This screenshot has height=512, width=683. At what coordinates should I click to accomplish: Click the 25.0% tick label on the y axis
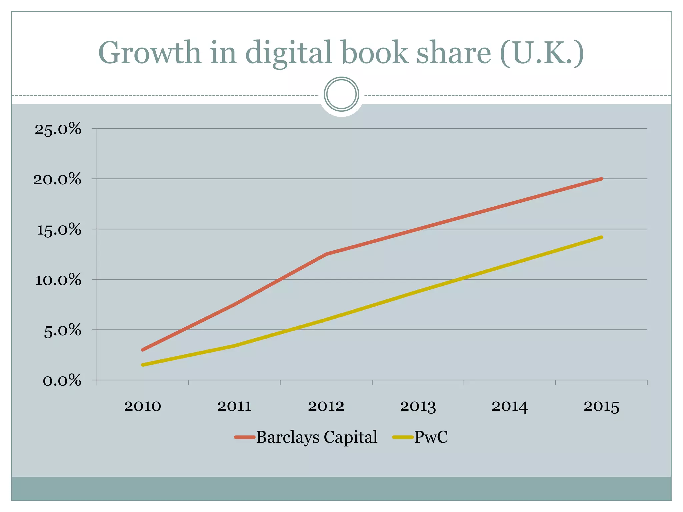58,129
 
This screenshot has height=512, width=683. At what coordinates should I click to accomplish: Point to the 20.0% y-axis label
57,179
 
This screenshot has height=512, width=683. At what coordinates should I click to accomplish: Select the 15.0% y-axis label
59,230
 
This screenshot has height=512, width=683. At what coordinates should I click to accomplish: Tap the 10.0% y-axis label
58,280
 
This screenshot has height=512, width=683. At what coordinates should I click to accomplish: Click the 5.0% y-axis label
62,331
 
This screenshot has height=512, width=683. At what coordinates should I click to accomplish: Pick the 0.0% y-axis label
62,381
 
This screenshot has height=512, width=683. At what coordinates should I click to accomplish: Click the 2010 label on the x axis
143,406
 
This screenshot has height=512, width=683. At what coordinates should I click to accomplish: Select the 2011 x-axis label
234,406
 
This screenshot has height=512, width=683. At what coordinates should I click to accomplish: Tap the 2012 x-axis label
326,406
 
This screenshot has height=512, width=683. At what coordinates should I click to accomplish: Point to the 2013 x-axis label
418,406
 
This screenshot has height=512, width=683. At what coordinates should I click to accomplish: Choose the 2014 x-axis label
510,406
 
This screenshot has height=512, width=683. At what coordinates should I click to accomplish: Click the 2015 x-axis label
601,406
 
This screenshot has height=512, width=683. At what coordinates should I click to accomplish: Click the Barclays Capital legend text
316,437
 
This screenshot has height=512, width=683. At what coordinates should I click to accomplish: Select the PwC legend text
431,437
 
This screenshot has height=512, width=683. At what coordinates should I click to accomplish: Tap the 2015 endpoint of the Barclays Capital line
601,179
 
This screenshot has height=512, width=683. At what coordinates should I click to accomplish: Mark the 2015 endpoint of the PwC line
601,237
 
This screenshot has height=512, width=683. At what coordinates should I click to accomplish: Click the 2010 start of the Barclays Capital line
143,350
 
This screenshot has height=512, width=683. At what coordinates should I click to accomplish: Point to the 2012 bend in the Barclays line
326,254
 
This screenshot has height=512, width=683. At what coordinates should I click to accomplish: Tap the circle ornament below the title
341,94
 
